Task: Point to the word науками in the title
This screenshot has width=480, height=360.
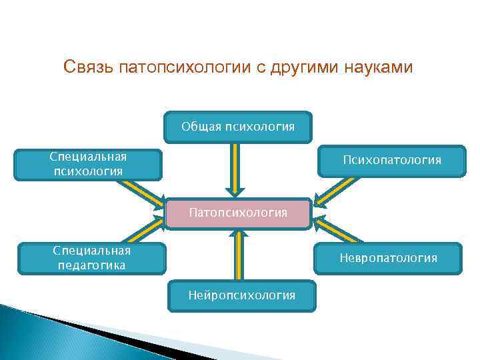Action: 379,68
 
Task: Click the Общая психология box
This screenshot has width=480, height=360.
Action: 238,127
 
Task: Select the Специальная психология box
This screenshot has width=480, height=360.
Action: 89,164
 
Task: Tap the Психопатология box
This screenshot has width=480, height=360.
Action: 391,161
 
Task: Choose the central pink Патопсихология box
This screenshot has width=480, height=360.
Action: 238,213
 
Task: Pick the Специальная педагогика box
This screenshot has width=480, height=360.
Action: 92,258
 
